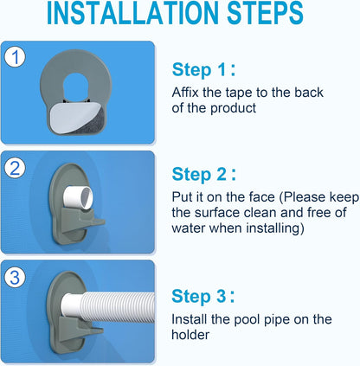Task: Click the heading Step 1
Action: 201,70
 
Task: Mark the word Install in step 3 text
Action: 190,319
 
